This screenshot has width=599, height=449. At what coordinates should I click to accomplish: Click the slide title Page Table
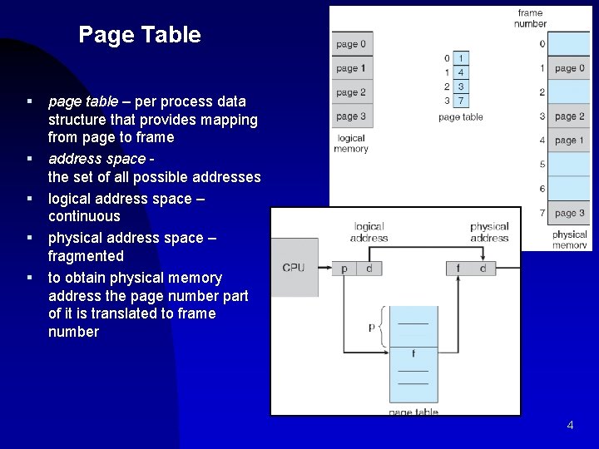coord(140,35)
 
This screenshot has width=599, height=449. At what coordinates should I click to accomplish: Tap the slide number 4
coord(570,425)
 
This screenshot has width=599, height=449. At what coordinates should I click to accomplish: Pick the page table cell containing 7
coord(460,101)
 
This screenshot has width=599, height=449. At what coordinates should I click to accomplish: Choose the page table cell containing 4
coord(460,72)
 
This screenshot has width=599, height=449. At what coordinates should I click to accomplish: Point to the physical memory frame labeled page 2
coord(569,116)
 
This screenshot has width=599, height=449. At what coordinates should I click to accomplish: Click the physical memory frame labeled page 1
coord(569,141)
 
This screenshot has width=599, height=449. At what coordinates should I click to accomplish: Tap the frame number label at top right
coord(530,18)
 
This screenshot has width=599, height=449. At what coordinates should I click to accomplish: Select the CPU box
coord(294,268)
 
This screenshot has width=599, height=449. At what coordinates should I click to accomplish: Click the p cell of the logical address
coord(344,268)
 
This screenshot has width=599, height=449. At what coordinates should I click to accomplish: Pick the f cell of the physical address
coord(458,268)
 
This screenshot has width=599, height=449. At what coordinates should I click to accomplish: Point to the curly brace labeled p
coord(381,327)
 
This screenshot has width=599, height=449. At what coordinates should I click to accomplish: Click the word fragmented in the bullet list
coord(86,256)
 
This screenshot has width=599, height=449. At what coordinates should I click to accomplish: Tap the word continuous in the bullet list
coord(84,216)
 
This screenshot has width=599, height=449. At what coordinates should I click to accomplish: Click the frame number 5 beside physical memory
coord(542,165)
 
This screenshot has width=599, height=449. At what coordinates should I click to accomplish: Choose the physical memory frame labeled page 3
coord(569,214)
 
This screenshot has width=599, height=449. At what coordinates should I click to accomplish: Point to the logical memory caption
coord(351,143)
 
